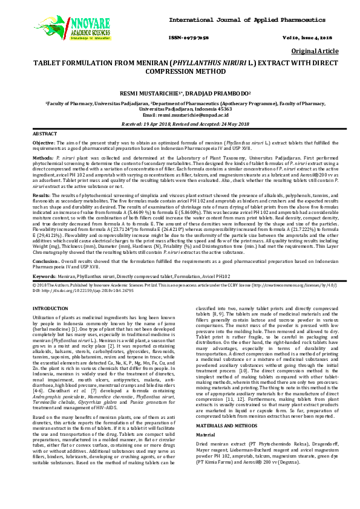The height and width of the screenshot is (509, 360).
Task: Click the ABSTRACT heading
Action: pyautogui.click(x=44, y=132)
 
